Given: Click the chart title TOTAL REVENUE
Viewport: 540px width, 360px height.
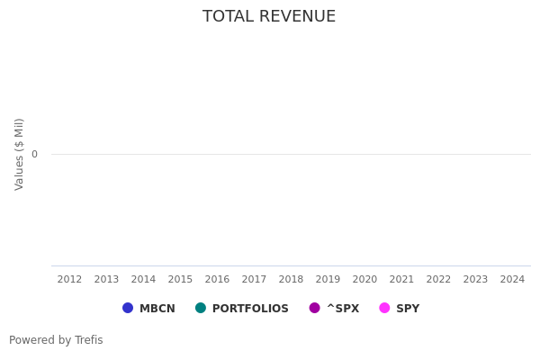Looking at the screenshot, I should click(269, 17).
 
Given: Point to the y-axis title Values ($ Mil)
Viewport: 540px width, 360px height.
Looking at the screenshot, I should click(20, 154).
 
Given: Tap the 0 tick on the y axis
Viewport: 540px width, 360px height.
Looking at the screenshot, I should click(34, 154).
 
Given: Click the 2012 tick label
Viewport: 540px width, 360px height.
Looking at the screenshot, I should click(69, 280).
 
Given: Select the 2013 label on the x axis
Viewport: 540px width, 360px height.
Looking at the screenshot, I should click(106, 280).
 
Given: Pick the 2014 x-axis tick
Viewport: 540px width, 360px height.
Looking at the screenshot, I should click(143, 280).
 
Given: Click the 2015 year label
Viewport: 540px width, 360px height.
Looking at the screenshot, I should click(180, 280).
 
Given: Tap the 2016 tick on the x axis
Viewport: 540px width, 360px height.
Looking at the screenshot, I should click(217, 280).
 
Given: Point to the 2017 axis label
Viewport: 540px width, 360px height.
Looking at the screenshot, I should click(254, 280).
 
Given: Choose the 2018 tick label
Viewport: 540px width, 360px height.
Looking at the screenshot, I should click(291, 280).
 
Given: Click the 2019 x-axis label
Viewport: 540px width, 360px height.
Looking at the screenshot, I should click(328, 280).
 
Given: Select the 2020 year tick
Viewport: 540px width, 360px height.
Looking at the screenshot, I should click(364, 280).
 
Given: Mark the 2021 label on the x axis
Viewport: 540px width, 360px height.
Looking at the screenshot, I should click(401, 280).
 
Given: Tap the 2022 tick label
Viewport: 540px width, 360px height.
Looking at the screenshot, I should click(438, 280).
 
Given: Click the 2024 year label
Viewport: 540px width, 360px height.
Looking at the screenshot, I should click(512, 280).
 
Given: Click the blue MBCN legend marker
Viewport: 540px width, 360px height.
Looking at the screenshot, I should click(128, 308).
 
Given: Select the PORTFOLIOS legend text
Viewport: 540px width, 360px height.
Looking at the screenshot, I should click(250, 309).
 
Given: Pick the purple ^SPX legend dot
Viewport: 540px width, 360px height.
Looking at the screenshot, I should click(315, 308).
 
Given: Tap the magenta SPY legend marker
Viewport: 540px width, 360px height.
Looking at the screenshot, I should click(384, 308).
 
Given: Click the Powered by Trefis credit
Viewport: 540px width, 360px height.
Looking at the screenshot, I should click(56, 340).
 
